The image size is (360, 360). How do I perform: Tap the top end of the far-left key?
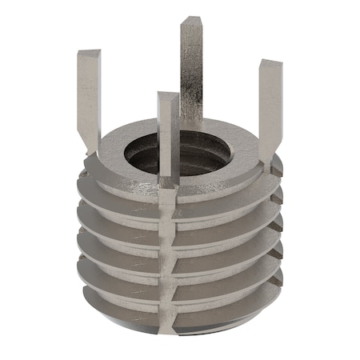[88, 54]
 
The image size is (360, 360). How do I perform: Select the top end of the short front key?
[167, 97]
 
